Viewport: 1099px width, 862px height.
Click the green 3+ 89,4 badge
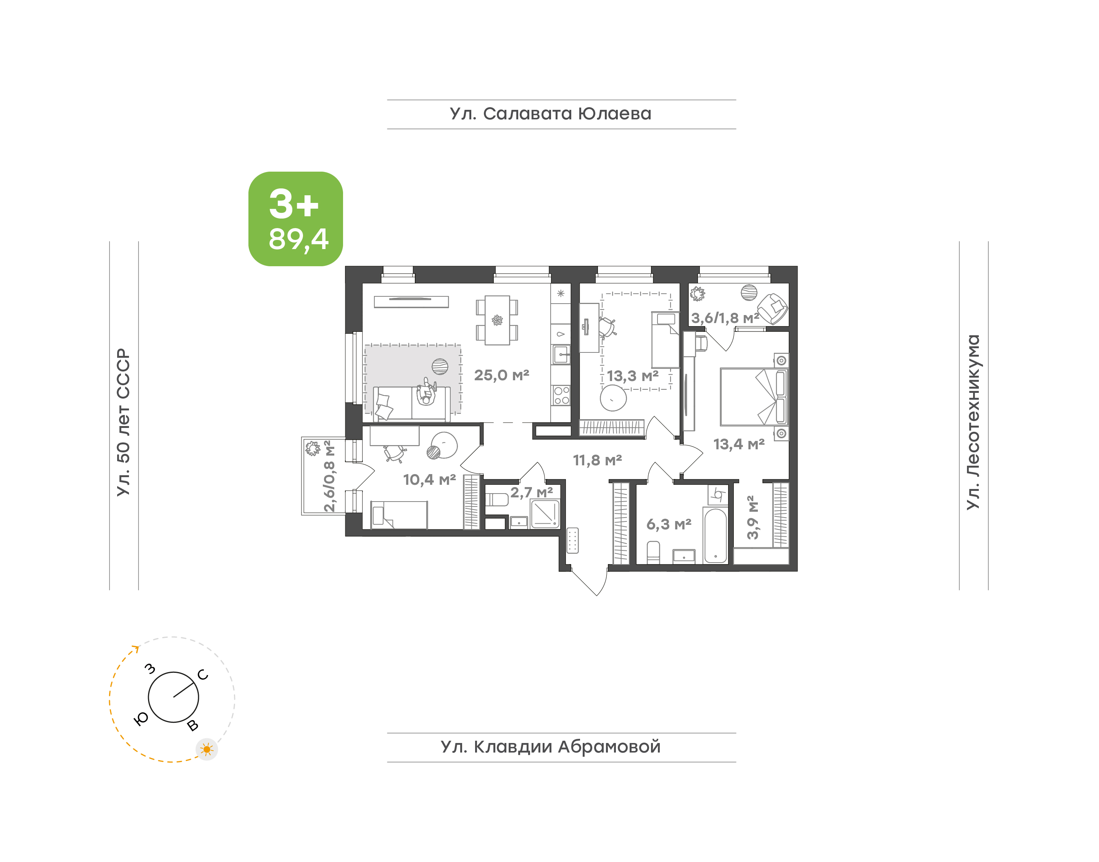point(295,219)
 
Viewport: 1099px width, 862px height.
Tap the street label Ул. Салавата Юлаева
point(550,114)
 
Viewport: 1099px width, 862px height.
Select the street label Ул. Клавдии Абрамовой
point(550,747)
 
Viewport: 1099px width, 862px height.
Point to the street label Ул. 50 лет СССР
point(124,423)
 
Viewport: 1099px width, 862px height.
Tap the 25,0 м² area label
point(501,375)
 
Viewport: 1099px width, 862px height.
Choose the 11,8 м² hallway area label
point(597,460)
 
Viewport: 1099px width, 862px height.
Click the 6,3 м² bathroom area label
point(669,524)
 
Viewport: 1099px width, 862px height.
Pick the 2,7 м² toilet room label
point(532,492)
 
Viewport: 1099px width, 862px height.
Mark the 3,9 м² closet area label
point(752,517)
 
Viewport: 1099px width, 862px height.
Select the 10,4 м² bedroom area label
point(429,479)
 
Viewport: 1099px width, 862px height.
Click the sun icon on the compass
point(206,749)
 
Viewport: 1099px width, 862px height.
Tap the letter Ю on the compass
point(141,719)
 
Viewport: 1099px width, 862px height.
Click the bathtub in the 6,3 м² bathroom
point(715,536)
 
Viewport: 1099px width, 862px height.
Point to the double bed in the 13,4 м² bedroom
point(754,397)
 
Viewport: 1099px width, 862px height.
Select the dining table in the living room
point(497,320)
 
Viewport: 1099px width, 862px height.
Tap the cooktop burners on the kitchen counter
point(561,395)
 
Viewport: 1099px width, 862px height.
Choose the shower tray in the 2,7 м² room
point(545,514)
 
